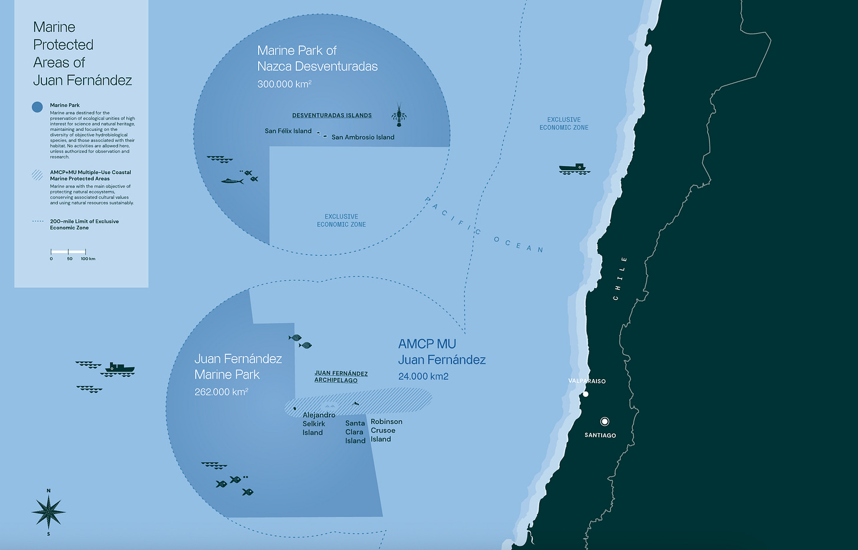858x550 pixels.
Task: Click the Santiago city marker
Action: (604, 421)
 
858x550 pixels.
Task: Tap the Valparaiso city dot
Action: (586, 394)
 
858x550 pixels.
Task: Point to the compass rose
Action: (48, 511)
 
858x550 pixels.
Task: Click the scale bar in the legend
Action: (68, 252)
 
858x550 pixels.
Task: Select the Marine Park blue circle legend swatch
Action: (37, 107)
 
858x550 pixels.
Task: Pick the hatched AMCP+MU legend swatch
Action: (37, 174)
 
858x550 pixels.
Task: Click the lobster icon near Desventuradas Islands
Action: (399, 115)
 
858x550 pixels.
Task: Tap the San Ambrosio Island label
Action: (363, 137)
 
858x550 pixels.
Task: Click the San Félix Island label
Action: (288, 131)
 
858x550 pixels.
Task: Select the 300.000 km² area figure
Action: (284, 84)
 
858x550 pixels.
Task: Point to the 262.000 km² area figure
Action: (221, 392)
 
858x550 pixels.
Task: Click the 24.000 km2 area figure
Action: (423, 376)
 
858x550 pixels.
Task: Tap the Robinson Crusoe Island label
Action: (386, 430)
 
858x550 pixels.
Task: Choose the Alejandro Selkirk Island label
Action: (318, 424)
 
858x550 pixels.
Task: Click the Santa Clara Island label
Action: (355, 432)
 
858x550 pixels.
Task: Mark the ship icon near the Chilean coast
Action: (574, 169)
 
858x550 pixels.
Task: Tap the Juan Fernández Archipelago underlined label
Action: (341, 377)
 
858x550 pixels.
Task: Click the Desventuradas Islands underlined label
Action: (332, 116)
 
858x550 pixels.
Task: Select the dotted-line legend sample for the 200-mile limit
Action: (38, 222)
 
